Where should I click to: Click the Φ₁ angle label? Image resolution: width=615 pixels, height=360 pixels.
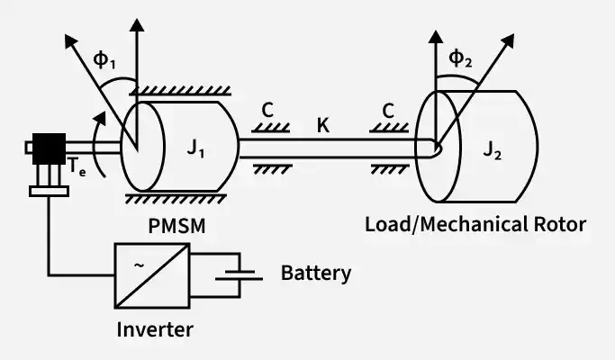tap(104, 60)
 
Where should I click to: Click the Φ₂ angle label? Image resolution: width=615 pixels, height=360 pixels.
tap(460, 58)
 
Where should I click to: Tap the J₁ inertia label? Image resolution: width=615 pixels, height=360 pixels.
tap(195, 148)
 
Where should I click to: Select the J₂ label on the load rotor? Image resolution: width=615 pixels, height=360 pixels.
tap(493, 149)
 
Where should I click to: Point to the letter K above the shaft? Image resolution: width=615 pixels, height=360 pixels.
tap(322, 125)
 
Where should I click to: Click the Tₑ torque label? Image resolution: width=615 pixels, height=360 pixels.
tap(77, 166)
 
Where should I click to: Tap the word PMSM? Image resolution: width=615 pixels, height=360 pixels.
tap(176, 226)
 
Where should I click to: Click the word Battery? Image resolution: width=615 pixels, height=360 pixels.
tap(316, 274)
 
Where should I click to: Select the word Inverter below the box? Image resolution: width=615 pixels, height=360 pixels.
tap(155, 329)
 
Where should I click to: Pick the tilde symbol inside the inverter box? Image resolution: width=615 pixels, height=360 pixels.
tap(139, 265)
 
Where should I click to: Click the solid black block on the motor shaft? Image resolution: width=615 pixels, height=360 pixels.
tap(49, 148)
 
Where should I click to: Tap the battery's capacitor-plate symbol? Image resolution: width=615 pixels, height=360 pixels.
tap(239, 274)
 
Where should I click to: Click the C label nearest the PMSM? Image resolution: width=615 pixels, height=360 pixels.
tap(267, 110)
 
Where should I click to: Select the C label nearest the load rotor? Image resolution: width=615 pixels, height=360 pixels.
tap(388, 111)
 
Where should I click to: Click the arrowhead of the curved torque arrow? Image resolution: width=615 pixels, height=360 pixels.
tap(101, 118)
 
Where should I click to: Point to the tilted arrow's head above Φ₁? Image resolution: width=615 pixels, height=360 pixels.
tap(70, 40)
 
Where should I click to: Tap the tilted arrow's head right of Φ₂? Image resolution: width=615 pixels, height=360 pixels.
tap(508, 40)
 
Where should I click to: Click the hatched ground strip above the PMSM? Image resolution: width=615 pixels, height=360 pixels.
tap(180, 91)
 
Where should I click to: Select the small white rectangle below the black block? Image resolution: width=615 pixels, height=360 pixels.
tap(49, 192)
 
